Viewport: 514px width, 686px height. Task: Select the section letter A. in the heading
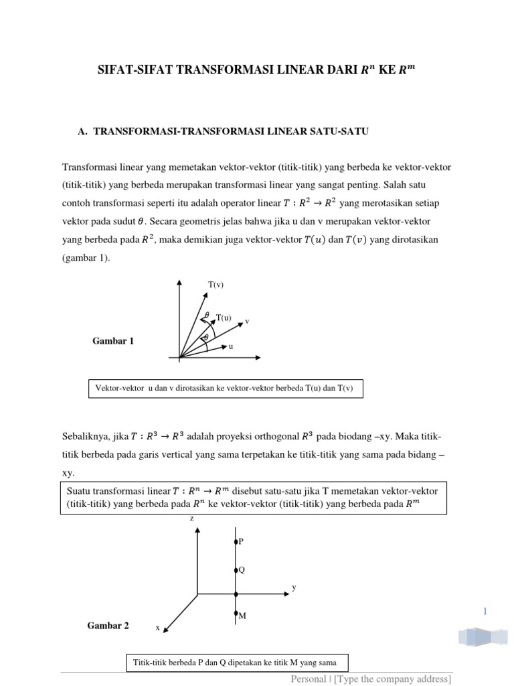click(84, 132)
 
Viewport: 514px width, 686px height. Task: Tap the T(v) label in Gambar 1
click(215, 285)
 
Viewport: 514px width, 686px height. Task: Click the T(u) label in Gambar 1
click(224, 318)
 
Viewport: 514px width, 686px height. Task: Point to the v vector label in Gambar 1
click(247, 321)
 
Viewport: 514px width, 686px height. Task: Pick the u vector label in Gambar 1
click(231, 346)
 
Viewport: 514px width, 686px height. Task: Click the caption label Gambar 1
click(113, 341)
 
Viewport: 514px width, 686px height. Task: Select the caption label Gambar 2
click(108, 626)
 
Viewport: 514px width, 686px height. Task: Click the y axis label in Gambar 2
click(294, 587)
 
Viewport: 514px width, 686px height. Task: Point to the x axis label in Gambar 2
click(158, 628)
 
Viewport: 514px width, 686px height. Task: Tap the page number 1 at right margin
click(485, 610)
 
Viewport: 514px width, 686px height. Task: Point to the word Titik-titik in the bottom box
click(151, 663)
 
